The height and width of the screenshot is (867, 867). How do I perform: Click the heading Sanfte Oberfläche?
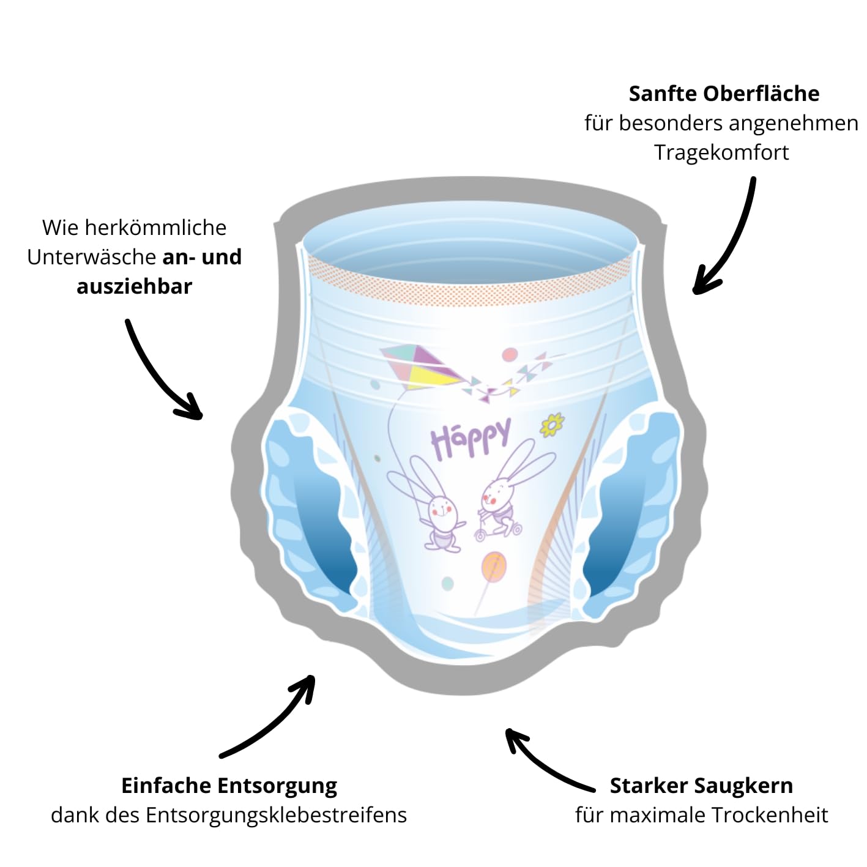724,94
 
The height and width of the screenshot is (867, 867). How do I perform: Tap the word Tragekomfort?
721,152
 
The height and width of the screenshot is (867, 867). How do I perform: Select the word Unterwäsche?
92,257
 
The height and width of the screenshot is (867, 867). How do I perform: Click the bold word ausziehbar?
135,286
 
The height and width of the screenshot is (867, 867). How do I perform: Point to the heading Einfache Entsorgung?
229,786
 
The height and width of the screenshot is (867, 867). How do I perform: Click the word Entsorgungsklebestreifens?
276,815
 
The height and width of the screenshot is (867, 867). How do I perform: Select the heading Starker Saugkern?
701,786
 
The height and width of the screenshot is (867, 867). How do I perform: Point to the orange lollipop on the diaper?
493,568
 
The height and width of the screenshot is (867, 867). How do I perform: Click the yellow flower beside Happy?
552,425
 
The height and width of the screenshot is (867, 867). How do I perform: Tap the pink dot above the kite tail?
509,355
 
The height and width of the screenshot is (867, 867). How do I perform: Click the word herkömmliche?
155,228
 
